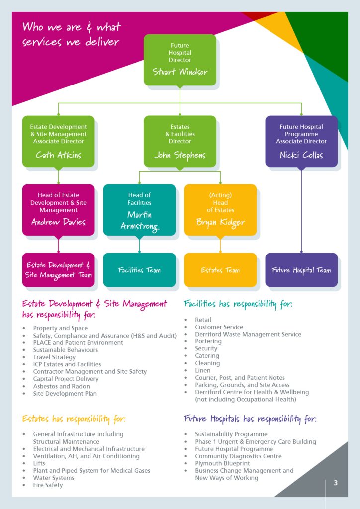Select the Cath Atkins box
tap(58, 141)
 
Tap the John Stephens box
tap(180, 141)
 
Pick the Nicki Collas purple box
tap(301, 141)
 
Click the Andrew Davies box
tap(58, 210)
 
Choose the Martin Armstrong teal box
tap(139, 210)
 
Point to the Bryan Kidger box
tap(220, 210)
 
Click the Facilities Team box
tap(139, 270)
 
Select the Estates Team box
tap(220, 270)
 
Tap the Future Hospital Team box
tap(301, 270)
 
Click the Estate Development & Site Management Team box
tap(58, 270)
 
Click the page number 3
tap(336, 483)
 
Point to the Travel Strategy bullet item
tap(54, 357)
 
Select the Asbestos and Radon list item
tap(61, 386)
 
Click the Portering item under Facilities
tap(208, 341)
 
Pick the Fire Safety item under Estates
tap(48, 485)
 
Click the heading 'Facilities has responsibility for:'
tap(238, 304)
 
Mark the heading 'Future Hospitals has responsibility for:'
tap(250, 419)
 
